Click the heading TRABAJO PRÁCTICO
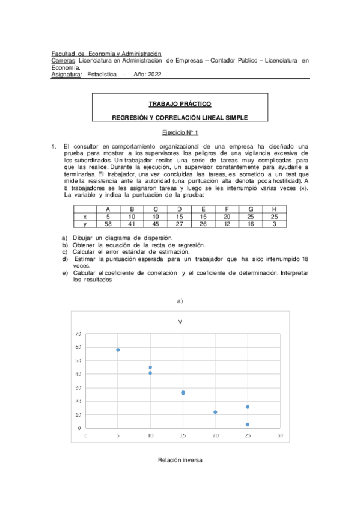[180, 104]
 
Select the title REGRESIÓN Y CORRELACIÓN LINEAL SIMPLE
[180, 118]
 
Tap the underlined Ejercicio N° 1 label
[180, 132]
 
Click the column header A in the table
[108, 209]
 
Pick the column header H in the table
[274, 209]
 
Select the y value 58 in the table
[108, 223]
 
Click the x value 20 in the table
[227, 216]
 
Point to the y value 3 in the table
[274, 223]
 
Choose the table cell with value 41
[132, 223]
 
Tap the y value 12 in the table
[227, 223]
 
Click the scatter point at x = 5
[118, 349]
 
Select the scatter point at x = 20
[215, 412]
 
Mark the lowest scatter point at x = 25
[248, 425]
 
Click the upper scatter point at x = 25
[248, 407]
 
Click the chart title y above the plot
[180, 322]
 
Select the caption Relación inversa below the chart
[180, 460]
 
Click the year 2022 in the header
[154, 75]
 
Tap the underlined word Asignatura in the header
[66, 75]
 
